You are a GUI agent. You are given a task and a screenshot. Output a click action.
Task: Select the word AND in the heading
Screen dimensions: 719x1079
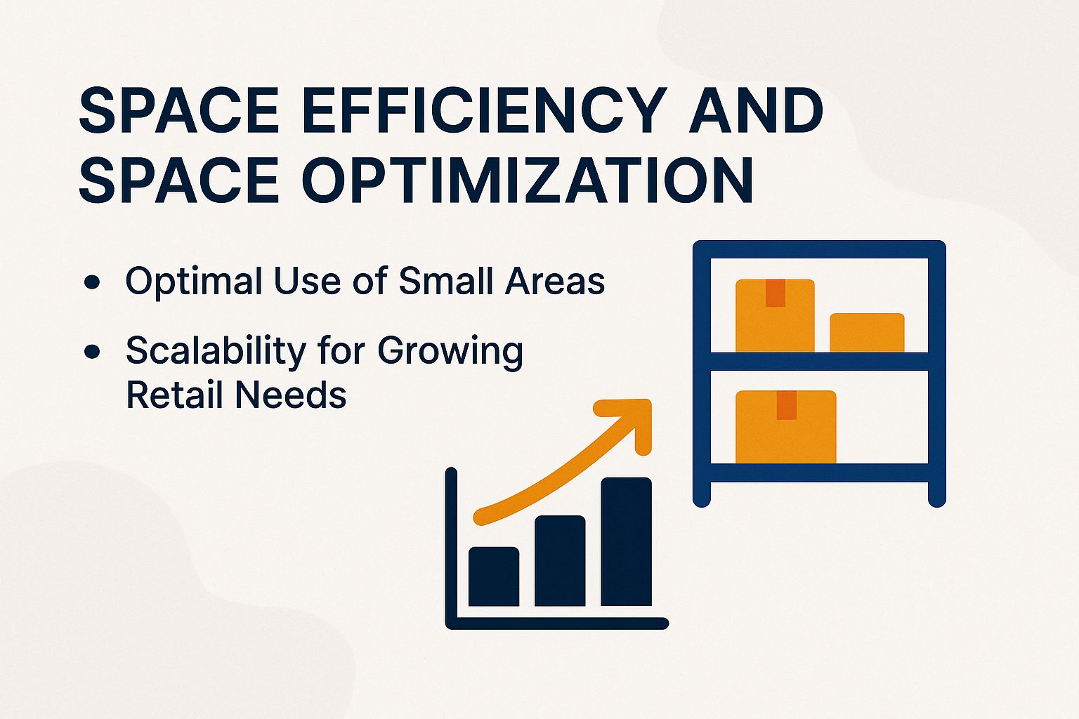(x=756, y=111)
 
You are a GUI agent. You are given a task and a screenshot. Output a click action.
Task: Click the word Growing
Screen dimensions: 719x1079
(x=450, y=351)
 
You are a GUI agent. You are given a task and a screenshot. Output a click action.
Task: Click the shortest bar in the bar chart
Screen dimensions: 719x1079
(x=494, y=576)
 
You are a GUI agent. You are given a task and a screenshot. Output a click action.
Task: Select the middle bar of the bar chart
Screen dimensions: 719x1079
(x=560, y=561)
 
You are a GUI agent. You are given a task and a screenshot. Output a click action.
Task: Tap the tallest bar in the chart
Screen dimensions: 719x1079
(x=626, y=541)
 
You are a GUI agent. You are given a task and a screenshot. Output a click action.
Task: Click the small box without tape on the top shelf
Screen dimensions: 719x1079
(x=867, y=332)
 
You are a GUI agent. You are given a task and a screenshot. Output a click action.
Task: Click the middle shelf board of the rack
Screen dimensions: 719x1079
(x=819, y=361)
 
